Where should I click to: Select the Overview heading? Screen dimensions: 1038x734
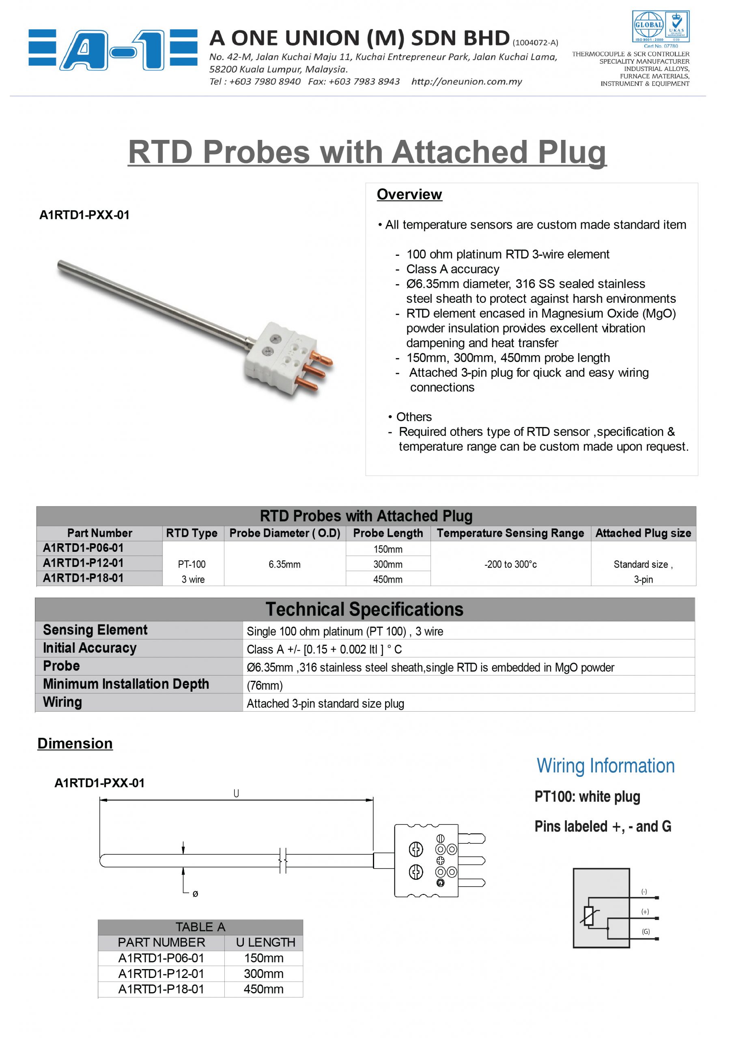click(409, 194)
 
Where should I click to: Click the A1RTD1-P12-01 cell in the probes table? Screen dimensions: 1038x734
click(83, 563)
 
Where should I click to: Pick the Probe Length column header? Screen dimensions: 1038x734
click(388, 534)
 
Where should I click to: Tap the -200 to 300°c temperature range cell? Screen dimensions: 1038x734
click(510, 564)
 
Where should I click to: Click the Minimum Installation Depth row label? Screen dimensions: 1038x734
click(126, 684)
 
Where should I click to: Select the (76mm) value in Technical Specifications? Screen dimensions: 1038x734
click(265, 686)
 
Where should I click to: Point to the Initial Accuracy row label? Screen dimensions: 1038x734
click(90, 648)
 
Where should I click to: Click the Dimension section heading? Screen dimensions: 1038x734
click(75, 744)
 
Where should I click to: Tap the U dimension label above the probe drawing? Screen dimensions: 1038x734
click(236, 794)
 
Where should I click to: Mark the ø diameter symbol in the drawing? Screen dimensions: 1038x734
click(196, 894)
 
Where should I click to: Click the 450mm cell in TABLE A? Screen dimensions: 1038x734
click(263, 989)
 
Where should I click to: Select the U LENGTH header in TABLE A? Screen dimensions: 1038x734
click(265, 943)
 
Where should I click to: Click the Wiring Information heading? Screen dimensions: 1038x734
click(605, 766)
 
